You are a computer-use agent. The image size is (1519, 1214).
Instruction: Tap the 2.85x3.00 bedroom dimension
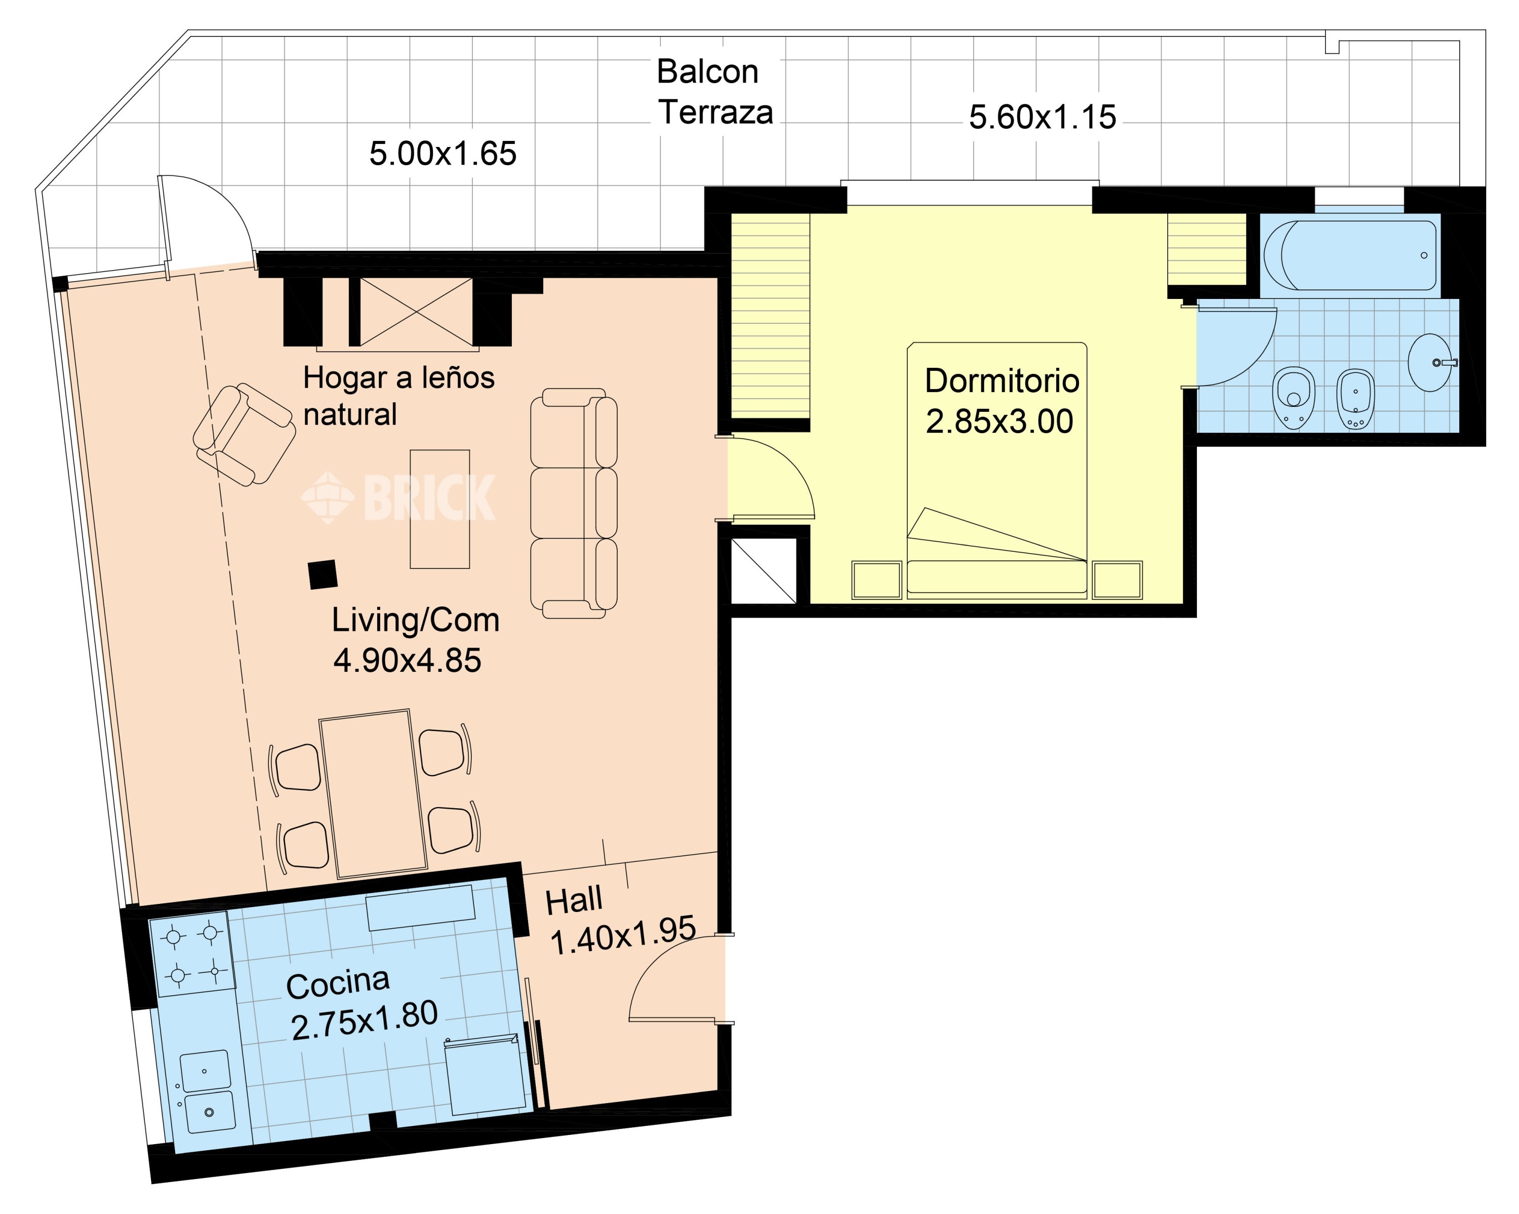[999, 422]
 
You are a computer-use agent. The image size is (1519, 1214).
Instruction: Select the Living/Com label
[416, 620]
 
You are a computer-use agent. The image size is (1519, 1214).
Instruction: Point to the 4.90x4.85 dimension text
[407, 661]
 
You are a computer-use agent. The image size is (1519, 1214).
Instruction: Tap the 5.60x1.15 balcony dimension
[1042, 117]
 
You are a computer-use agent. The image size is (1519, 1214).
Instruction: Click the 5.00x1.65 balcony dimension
[443, 154]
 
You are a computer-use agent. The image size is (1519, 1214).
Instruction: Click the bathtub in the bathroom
[1350, 255]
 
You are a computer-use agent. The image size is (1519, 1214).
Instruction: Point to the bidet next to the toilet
[1355, 398]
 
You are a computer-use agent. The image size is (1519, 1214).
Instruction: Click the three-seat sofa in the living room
[574, 503]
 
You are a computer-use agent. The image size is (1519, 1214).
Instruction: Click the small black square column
[323, 574]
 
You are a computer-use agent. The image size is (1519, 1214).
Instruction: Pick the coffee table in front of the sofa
[439, 509]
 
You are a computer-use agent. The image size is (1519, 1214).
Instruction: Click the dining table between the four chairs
[373, 794]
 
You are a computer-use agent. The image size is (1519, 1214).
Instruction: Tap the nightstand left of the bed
[876, 580]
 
